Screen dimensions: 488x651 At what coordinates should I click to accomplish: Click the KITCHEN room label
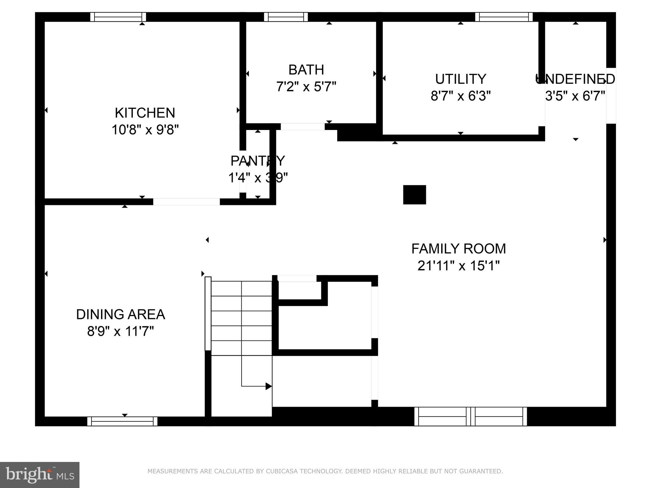click(x=145, y=113)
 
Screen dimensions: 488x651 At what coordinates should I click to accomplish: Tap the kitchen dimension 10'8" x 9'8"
click(x=145, y=130)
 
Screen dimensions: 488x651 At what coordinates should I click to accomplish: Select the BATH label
click(x=306, y=70)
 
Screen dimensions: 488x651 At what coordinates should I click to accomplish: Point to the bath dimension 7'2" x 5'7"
click(x=306, y=86)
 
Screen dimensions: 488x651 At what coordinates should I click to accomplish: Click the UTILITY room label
click(x=461, y=79)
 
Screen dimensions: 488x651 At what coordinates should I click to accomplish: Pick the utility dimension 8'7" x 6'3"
click(x=461, y=96)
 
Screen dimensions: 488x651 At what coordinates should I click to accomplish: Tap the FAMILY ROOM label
click(x=458, y=249)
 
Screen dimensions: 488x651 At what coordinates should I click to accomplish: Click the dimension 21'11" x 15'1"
click(x=458, y=266)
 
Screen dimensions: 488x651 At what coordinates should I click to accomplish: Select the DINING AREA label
click(x=120, y=315)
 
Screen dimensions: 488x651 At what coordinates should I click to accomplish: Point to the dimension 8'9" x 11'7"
click(x=120, y=331)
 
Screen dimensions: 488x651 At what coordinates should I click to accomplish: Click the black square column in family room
click(x=415, y=195)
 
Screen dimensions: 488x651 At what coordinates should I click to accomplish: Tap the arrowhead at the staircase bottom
click(x=269, y=386)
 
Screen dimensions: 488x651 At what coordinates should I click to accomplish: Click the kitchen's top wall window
click(x=118, y=17)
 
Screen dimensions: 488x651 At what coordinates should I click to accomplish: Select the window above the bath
click(x=286, y=17)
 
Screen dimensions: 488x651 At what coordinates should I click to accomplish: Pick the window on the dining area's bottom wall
click(x=122, y=421)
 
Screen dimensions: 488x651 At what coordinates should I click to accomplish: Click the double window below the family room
click(x=470, y=417)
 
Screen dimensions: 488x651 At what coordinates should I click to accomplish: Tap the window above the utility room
click(x=504, y=17)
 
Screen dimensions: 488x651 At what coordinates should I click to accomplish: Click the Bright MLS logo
click(x=40, y=475)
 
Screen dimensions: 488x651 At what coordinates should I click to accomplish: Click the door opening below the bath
click(x=302, y=126)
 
